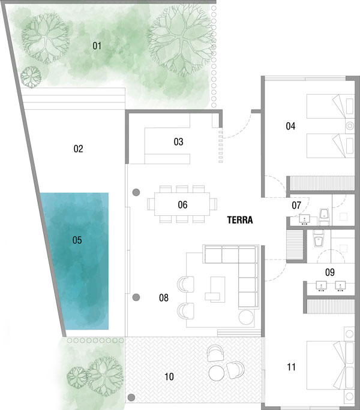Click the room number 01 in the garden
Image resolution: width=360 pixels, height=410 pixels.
point(97,46)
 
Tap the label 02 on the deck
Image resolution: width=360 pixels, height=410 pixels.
point(78,149)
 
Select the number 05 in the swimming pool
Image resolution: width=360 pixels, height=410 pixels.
point(77,240)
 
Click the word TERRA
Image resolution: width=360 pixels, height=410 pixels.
point(240,220)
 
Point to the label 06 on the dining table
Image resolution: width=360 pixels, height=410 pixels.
point(182,204)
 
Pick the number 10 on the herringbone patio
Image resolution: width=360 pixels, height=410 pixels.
point(169,376)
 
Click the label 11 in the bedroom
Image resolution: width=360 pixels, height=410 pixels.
point(291,367)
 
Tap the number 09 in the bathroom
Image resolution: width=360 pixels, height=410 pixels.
point(330,272)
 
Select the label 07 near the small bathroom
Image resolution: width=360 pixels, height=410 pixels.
point(296,205)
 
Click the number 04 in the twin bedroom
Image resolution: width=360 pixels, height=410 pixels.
point(290,126)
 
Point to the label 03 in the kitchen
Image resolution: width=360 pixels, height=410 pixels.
point(179,141)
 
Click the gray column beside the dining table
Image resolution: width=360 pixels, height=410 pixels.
point(136,192)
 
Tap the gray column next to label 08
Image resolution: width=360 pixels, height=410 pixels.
point(136,297)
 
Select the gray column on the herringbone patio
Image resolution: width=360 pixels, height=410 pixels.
point(131,397)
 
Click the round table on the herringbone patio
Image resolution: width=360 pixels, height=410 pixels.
point(216,373)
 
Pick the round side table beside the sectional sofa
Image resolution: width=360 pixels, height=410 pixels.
point(246,317)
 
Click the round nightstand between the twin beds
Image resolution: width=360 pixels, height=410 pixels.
point(350,126)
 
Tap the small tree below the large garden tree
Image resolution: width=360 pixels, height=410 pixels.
point(31,77)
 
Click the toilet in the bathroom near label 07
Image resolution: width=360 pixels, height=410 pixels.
point(325,217)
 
